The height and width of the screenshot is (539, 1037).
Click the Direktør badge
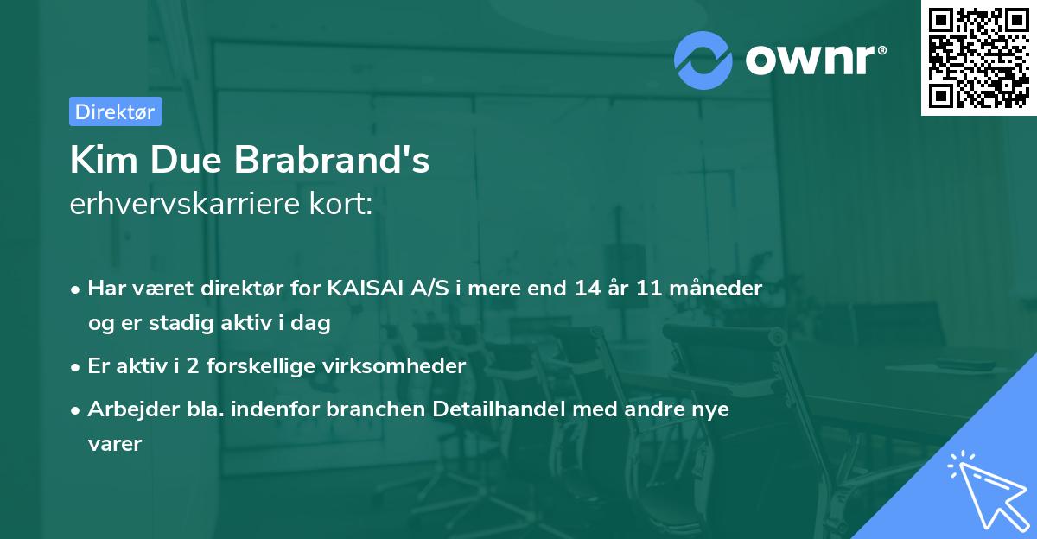point(115,111)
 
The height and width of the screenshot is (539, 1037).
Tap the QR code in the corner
point(978,58)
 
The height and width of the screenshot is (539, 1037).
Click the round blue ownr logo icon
point(703,60)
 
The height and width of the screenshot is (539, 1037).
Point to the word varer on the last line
point(114,444)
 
